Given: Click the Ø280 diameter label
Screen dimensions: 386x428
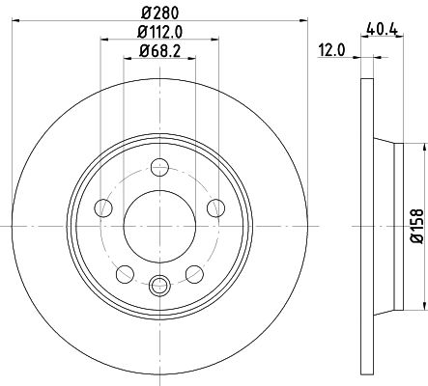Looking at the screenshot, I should pyautogui.click(x=158, y=14).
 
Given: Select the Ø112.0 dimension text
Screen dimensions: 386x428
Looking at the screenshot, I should pyautogui.click(x=158, y=35).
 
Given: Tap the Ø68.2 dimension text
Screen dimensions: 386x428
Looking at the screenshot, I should pyautogui.click(x=158, y=53).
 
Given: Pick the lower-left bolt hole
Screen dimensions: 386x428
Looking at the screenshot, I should pyautogui.click(x=123, y=273).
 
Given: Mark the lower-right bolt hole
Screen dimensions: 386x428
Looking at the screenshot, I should pyautogui.click(x=194, y=273).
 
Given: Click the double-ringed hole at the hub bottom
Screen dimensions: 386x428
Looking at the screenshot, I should pyautogui.click(x=158, y=284).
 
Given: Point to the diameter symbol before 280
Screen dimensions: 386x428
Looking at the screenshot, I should pyautogui.click(x=143, y=14).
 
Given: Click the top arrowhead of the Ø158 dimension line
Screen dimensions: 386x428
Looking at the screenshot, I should pyautogui.click(x=422, y=148).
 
